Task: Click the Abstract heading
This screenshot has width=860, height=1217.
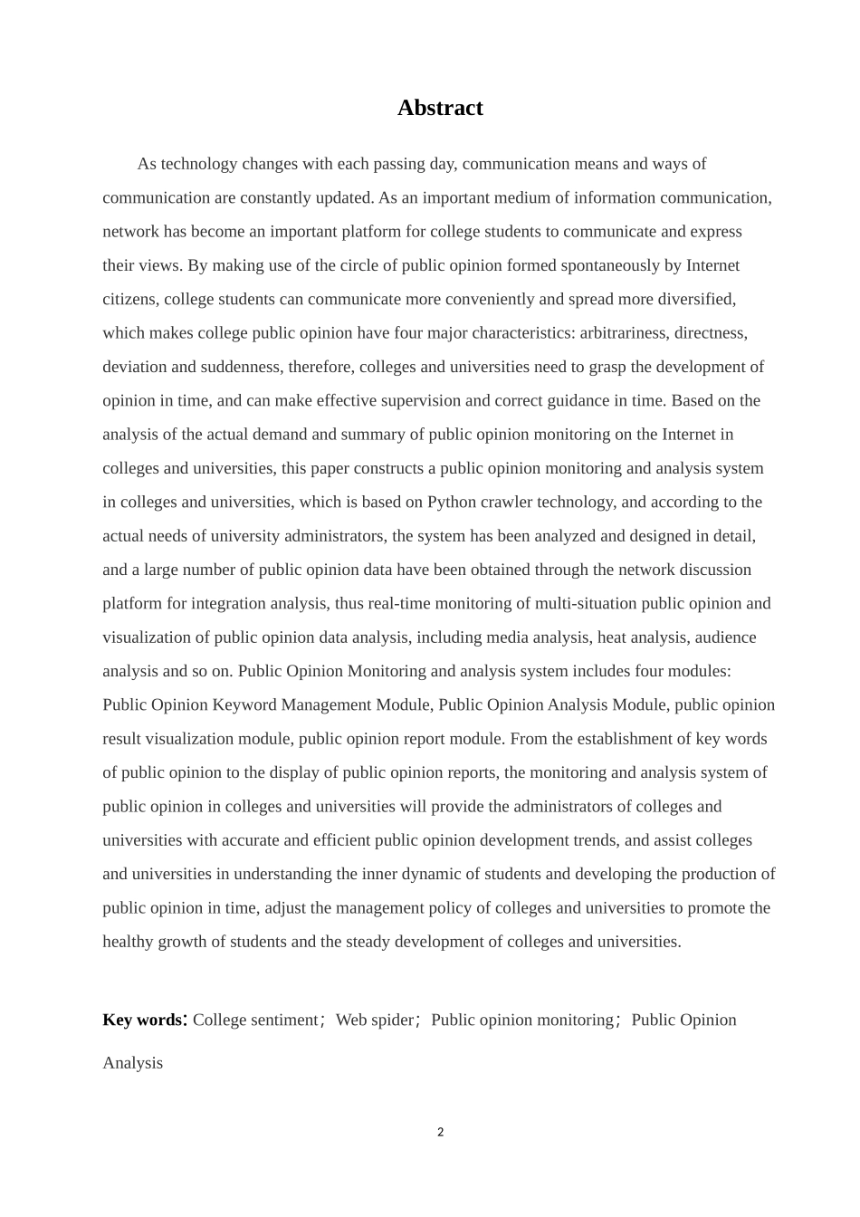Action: coord(440,108)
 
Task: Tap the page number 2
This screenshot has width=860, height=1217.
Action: coord(441,1132)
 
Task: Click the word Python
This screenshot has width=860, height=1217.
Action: coord(452,503)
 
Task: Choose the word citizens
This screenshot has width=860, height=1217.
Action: coord(129,300)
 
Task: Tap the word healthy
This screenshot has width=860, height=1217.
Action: coord(128,942)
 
